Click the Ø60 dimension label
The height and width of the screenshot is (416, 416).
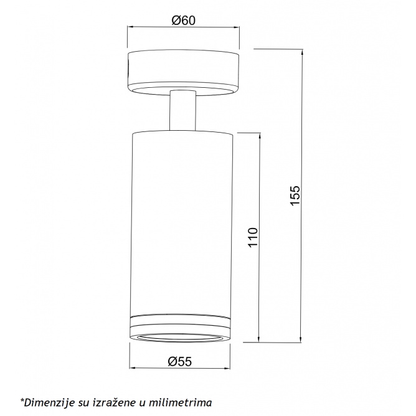pos(183,20)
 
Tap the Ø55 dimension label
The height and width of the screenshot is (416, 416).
pos(179,361)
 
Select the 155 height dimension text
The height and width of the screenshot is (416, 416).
pos(295,196)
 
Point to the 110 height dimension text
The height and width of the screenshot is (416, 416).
pos(253,237)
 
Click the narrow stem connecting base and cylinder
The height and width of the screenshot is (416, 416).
pos(183,110)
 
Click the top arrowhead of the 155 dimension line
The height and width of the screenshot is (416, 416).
pos(301,52)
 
